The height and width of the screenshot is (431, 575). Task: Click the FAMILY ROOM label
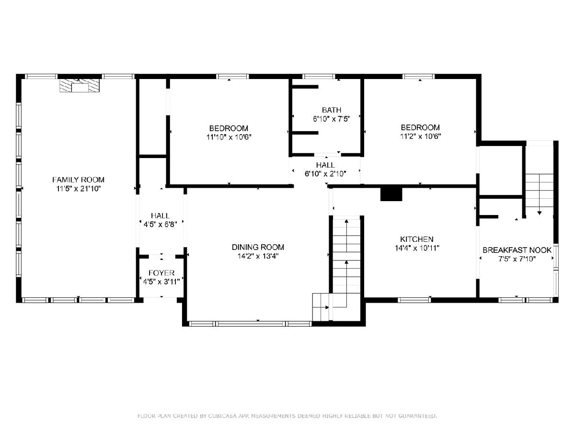78,180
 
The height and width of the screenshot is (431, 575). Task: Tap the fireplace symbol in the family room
80,86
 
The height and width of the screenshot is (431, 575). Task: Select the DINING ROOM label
258,247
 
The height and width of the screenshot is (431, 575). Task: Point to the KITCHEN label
417,239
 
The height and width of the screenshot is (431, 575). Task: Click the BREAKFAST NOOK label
517,250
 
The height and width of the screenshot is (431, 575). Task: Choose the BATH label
332,110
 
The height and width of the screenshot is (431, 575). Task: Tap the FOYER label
161,273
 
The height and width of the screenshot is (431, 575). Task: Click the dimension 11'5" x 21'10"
79,189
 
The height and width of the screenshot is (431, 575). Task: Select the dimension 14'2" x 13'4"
258,256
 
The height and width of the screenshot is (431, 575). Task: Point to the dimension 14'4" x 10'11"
417,248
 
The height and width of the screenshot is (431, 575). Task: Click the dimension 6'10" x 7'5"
332,119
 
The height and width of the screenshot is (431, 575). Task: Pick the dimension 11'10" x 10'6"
229,137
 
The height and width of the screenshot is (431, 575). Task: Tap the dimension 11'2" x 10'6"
421,136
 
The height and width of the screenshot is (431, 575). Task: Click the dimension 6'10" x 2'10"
326,174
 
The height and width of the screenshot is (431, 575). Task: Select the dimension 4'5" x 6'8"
161,225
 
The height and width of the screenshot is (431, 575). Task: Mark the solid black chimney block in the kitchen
391,194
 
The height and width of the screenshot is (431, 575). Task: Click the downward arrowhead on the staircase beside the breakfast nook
540,213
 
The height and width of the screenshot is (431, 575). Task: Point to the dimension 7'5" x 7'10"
517,259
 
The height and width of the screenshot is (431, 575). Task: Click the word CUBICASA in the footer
222,416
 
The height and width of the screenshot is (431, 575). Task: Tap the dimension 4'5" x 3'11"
161,282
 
